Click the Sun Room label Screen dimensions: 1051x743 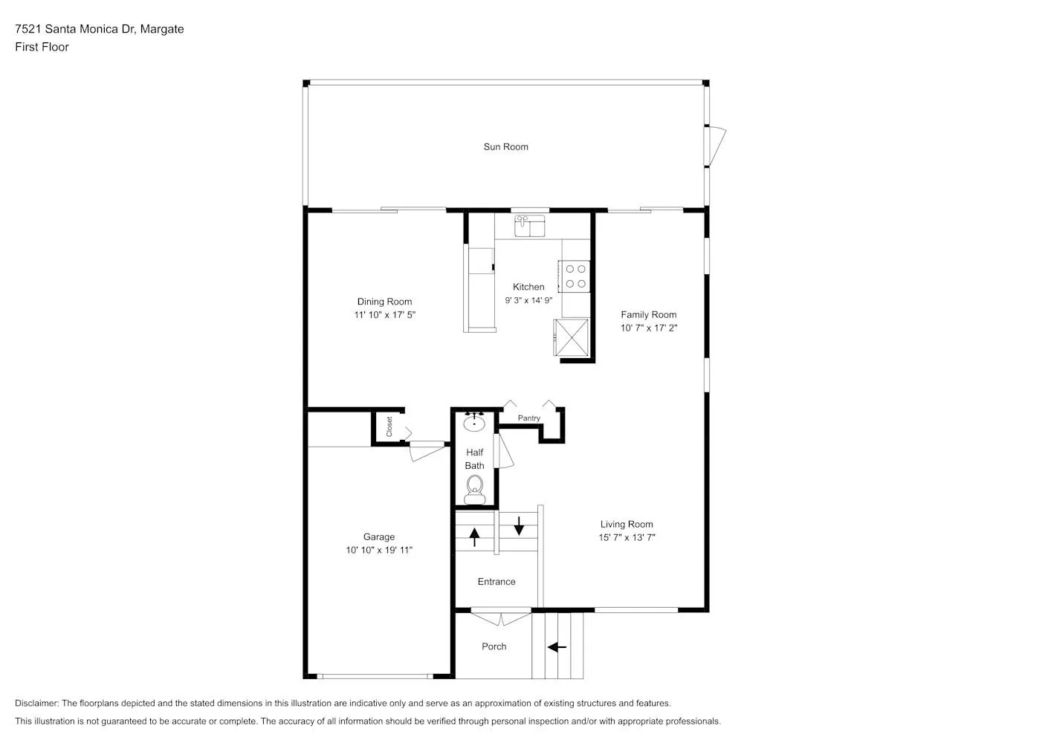point(505,147)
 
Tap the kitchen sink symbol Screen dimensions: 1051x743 point(530,226)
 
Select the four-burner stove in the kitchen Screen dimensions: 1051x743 point(575,276)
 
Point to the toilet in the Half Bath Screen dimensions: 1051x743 point(475,489)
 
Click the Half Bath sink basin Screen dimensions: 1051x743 point(474,423)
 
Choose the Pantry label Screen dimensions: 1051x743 point(528,418)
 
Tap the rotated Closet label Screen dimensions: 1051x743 point(389,426)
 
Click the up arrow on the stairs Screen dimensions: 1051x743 point(474,537)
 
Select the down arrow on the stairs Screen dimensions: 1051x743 point(519,526)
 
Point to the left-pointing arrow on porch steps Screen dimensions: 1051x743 point(557,647)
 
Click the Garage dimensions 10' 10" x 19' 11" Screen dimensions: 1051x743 point(379,550)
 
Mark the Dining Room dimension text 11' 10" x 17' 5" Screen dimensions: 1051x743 point(385,315)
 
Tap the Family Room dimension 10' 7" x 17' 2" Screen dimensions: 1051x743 point(649,328)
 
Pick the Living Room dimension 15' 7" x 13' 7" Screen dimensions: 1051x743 point(627,537)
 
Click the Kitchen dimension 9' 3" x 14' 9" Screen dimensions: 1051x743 point(528,300)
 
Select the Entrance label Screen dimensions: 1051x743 point(497,582)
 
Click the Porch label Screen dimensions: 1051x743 point(494,646)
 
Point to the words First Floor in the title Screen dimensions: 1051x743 point(42,47)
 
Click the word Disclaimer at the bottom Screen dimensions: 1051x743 point(36,703)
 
